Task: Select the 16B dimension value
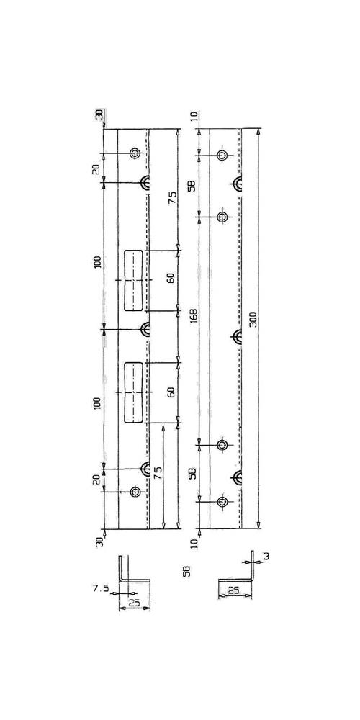pyautogui.click(x=194, y=315)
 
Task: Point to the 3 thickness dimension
pyautogui.click(x=266, y=557)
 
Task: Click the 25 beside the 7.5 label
pyautogui.click(x=134, y=603)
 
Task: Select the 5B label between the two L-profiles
pyautogui.click(x=186, y=571)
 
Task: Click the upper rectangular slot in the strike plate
pyautogui.click(x=133, y=281)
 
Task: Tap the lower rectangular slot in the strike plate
pyautogui.click(x=133, y=392)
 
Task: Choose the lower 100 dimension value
pyautogui.click(x=97, y=404)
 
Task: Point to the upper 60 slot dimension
pyautogui.click(x=171, y=278)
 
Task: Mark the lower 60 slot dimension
pyautogui.click(x=171, y=392)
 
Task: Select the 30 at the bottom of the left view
pyautogui.click(x=99, y=541)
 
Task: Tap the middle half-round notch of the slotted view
pyautogui.click(x=144, y=329)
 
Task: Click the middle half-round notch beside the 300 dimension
pyautogui.click(x=236, y=336)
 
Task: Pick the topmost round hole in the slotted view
pyautogui.click(x=135, y=153)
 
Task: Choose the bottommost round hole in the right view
pyautogui.click(x=222, y=501)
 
